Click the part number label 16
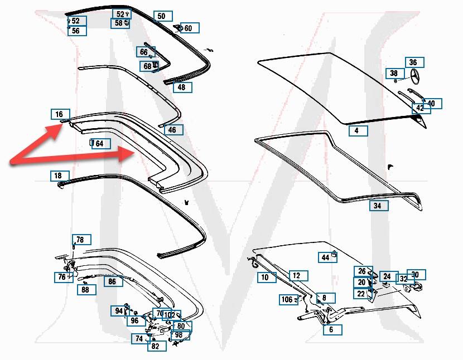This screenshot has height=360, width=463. click(59, 114)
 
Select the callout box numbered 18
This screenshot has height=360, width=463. click(58, 176)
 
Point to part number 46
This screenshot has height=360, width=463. click(172, 130)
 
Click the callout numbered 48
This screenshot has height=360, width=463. click(181, 87)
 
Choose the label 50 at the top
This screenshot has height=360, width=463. click(161, 16)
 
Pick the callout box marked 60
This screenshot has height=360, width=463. click(188, 28)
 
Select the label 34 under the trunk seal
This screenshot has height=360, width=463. click(378, 206)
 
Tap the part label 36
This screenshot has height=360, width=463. click(413, 62)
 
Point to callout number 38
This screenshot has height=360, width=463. click(394, 73)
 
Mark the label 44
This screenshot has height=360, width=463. click(325, 257)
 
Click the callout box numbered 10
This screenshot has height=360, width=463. click(265, 277)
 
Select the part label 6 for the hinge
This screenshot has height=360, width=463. click(331, 329)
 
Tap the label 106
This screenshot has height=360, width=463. click(287, 300)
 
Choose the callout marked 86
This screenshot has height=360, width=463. click(112, 282)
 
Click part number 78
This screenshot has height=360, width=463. click(80, 240)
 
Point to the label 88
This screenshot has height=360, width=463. click(85, 290)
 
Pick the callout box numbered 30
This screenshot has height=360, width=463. click(415, 275)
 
